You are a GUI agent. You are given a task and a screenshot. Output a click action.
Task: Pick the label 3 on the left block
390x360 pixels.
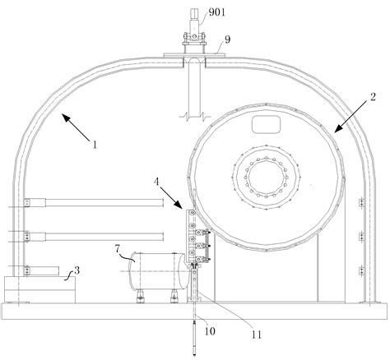pyautogui.click(x=77, y=270)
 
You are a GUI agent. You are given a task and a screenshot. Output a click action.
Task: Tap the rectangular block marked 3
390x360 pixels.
pyautogui.click(x=38, y=288)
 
